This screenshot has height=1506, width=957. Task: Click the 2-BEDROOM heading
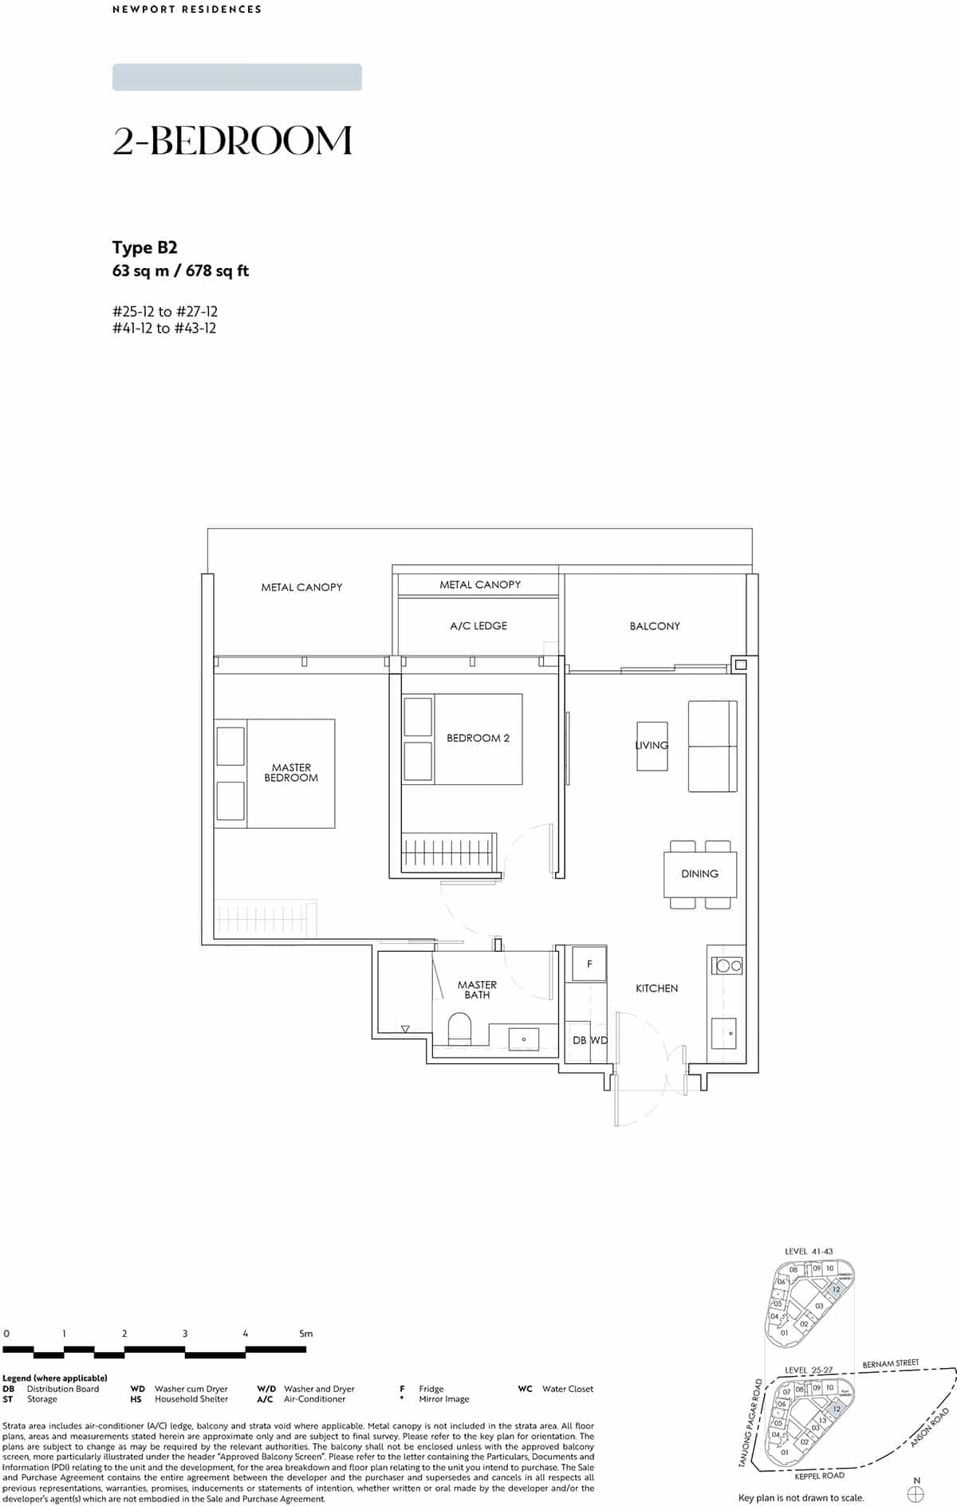232,141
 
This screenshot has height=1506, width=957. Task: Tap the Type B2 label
144,247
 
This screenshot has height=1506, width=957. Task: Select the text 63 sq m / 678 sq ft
180,271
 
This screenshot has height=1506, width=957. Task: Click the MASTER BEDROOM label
291,772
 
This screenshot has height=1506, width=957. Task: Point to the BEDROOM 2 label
478,738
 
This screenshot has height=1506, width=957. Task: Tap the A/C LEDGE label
478,625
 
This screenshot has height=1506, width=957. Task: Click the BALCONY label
655,626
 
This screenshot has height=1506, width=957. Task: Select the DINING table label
699,873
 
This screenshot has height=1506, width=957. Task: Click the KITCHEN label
656,988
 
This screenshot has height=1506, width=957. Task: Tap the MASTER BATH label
477,990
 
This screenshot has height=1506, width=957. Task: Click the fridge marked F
589,964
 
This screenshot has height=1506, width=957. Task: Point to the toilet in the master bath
460,1028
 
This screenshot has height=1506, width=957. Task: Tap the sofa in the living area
712,747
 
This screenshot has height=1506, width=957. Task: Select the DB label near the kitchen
579,1040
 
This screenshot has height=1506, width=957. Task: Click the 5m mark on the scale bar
305,1333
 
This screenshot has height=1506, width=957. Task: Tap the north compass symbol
916,1488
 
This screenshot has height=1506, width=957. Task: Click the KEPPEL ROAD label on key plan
819,1476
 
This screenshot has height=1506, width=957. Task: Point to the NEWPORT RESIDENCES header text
187,10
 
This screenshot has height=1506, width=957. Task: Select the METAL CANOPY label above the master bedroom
301,587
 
